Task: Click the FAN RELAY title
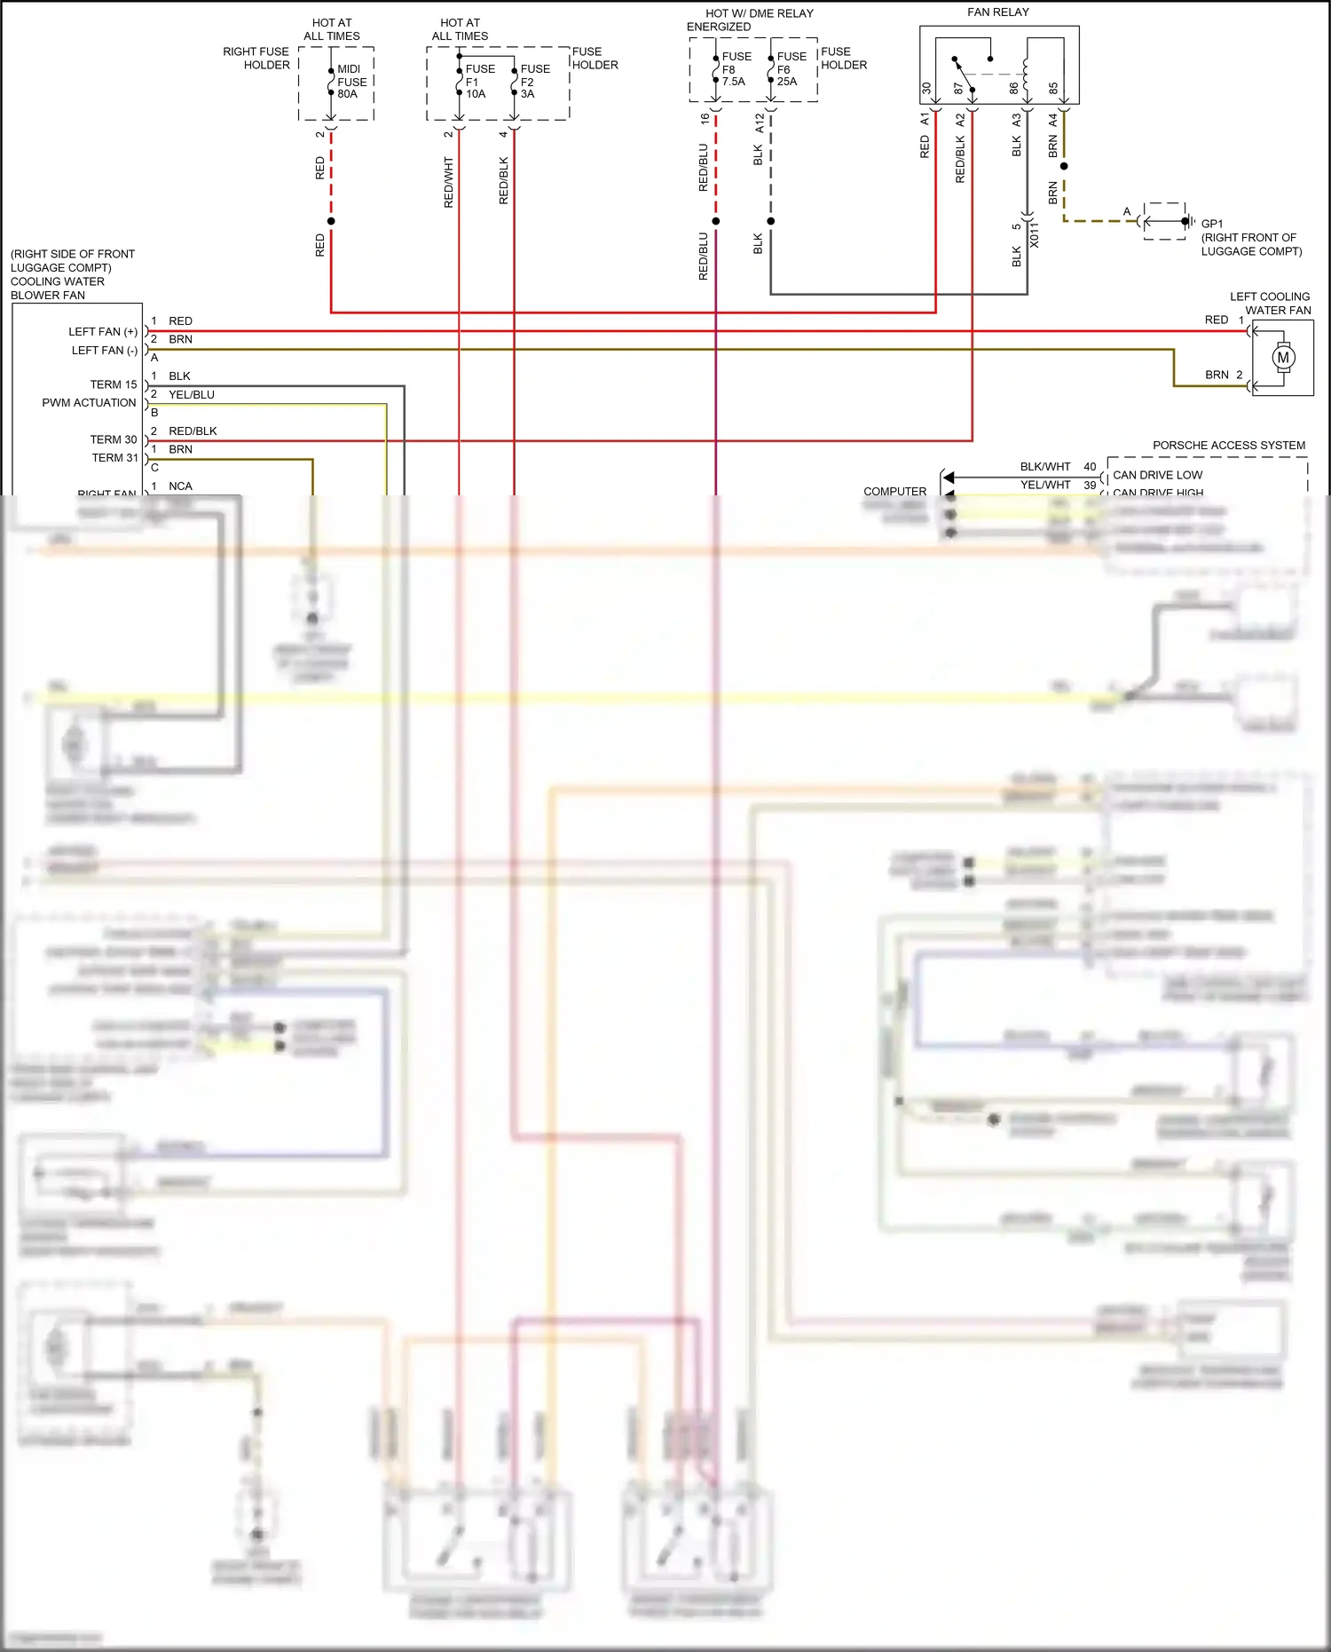click(997, 12)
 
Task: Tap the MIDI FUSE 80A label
click(351, 82)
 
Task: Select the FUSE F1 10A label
click(480, 82)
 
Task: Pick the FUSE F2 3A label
click(534, 82)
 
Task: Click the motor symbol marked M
click(1282, 358)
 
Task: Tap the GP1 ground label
click(1211, 225)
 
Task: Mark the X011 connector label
click(1034, 235)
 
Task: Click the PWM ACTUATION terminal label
click(89, 403)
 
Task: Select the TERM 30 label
click(114, 439)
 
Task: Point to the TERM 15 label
click(114, 384)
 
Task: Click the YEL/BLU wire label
click(192, 395)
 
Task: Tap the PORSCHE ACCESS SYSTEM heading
click(1228, 446)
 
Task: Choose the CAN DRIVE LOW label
click(1157, 475)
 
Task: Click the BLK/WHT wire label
click(1044, 467)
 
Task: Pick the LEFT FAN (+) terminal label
click(103, 332)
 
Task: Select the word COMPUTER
click(894, 491)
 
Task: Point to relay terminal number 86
click(1013, 89)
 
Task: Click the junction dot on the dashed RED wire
click(331, 221)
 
